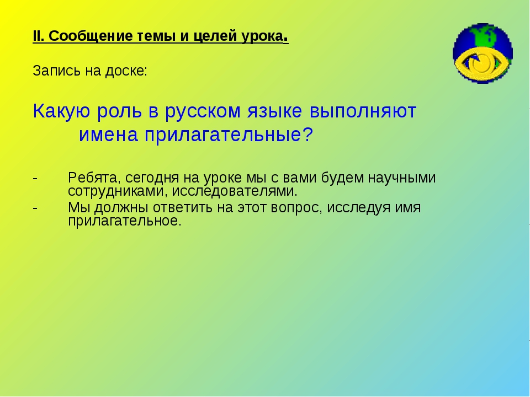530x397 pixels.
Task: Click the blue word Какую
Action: [59, 111]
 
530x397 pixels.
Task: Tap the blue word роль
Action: [116, 111]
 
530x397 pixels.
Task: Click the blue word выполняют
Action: [363, 111]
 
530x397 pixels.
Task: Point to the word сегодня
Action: [148, 179]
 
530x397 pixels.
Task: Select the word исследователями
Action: [235, 192]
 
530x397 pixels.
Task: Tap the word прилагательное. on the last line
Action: [124, 221]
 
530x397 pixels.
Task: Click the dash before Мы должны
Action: [35, 208]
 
